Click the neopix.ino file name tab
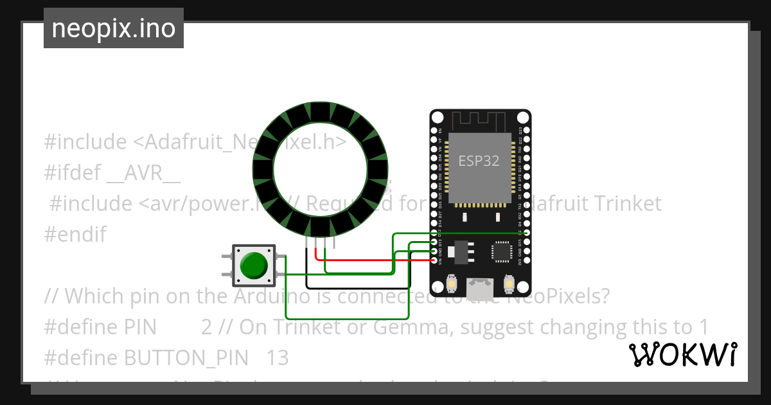click(x=114, y=28)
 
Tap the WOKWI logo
click(x=682, y=354)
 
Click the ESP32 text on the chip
click(x=479, y=161)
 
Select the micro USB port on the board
click(x=480, y=285)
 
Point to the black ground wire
click(x=357, y=287)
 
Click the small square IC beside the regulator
click(x=502, y=251)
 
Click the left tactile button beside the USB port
click(x=452, y=283)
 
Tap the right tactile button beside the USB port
click(x=510, y=283)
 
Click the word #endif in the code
click(x=75, y=235)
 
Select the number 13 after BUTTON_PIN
click(x=278, y=358)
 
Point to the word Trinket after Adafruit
click(x=623, y=204)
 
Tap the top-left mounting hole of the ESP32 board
click(x=438, y=118)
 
